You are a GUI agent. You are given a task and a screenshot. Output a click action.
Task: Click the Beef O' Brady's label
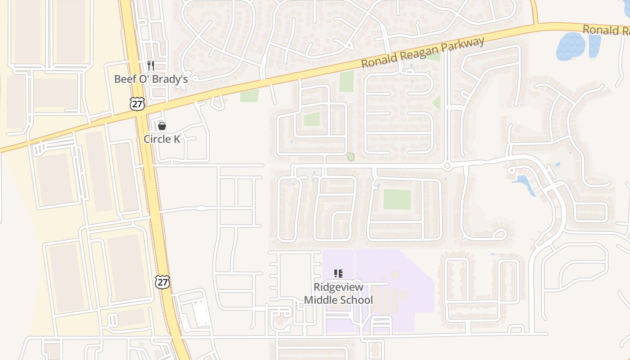click(150, 79)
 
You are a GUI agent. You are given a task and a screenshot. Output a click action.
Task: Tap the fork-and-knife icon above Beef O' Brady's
click(151, 66)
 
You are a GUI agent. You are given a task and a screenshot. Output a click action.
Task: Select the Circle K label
click(162, 139)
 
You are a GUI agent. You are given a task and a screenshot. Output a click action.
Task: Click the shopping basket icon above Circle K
click(162, 126)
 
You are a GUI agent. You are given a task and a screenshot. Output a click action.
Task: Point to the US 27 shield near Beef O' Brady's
click(137, 103)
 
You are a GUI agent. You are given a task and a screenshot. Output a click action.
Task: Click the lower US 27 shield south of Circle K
click(162, 282)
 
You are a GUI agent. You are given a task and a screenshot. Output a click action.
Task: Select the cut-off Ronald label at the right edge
click(605, 31)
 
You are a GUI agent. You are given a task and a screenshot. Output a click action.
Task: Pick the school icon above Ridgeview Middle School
click(338, 274)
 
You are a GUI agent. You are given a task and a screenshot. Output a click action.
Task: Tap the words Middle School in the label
click(338, 300)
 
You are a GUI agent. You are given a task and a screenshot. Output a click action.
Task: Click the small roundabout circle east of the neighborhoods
click(447, 166)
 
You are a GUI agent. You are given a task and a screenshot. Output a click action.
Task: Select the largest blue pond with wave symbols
click(571, 46)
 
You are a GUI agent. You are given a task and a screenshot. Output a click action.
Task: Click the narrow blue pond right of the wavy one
click(594, 46)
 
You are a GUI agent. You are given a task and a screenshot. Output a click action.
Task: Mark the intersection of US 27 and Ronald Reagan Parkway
click(140, 113)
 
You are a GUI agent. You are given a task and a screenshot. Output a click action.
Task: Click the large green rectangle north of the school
click(397, 199)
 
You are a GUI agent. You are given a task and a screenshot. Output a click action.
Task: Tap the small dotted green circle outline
click(350, 157)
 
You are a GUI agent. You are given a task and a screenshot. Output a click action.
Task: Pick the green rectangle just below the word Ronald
click(346, 81)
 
